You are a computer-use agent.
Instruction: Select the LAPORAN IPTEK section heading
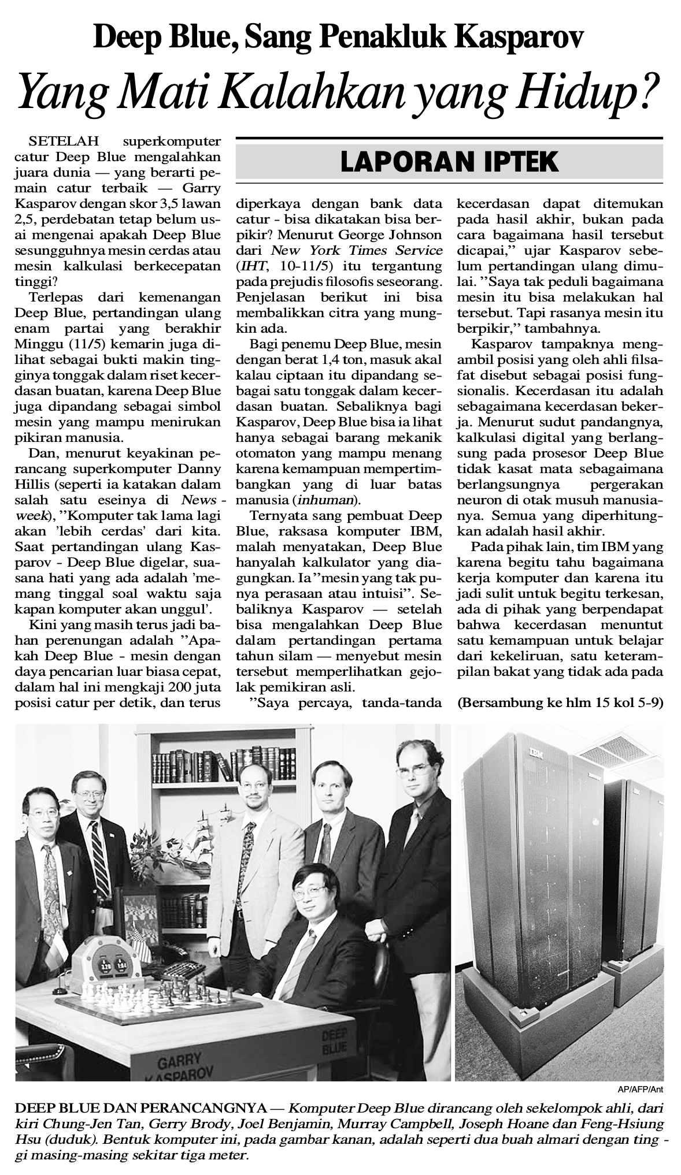pos(449,162)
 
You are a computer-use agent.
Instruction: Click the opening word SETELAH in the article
pos(64,141)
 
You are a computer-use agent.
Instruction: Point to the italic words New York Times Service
pos(357,250)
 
